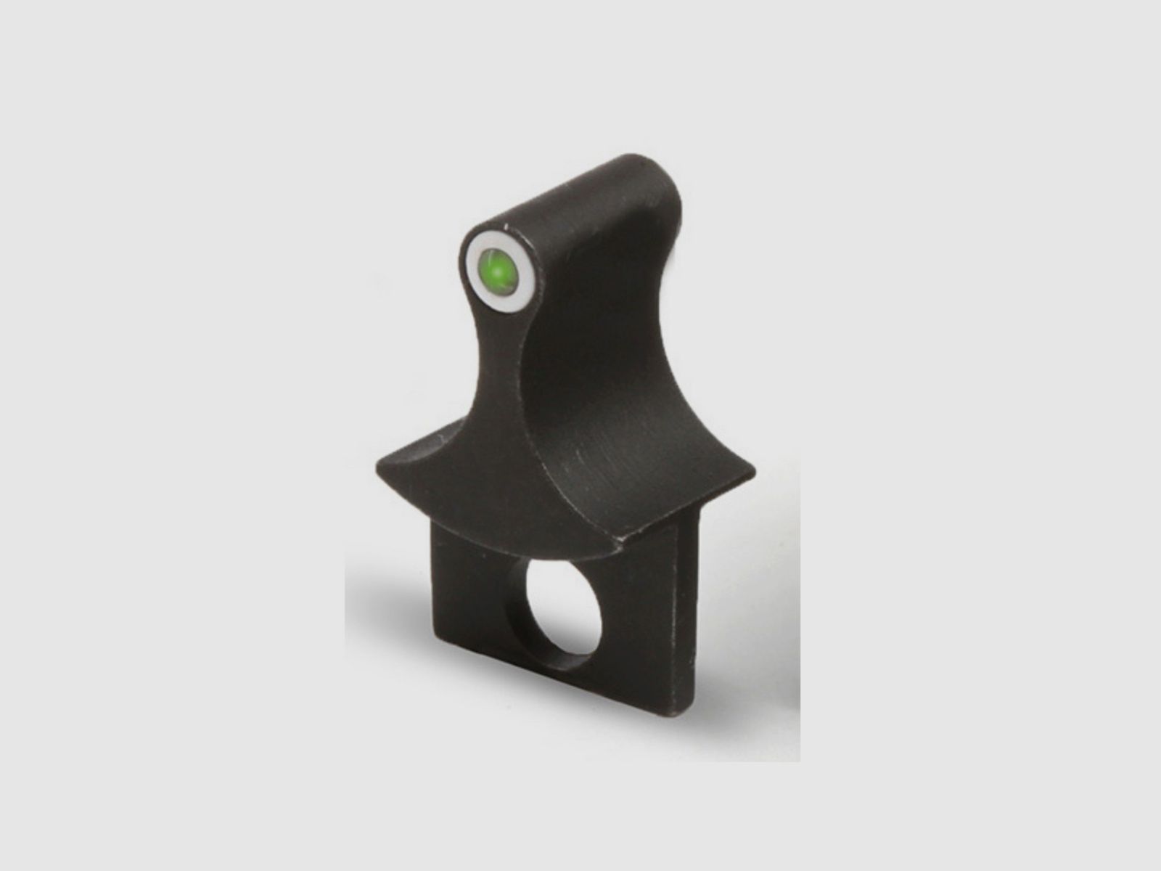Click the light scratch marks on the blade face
pos(595,465)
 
